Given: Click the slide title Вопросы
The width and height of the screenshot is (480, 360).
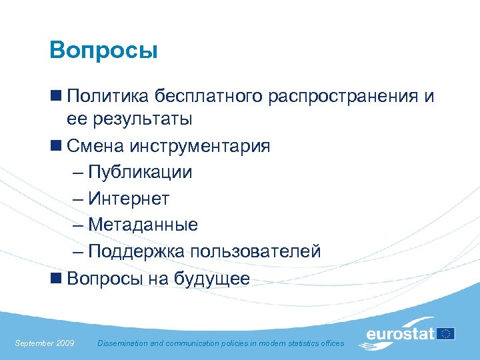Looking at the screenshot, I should pyautogui.click(x=103, y=51).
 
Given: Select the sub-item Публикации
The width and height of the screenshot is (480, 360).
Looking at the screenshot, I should pyautogui.click(x=140, y=172).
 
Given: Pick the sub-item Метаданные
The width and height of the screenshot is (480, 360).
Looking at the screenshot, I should pyautogui.click(x=143, y=225).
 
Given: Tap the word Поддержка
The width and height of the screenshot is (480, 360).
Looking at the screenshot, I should pyautogui.click(x=136, y=251).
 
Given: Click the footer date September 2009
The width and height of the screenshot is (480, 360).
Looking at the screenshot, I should pyautogui.click(x=45, y=343).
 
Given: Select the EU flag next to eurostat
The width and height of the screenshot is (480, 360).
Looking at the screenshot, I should pyautogui.click(x=446, y=333).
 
